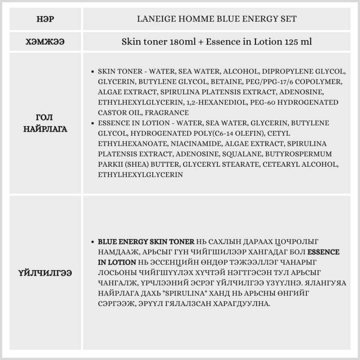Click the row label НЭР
pyautogui.click(x=46, y=19)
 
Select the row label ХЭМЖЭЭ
pyautogui.click(x=46, y=42)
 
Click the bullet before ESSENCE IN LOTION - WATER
pyautogui.click(x=94, y=123)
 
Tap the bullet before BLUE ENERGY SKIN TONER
pyautogui.click(x=94, y=242)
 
